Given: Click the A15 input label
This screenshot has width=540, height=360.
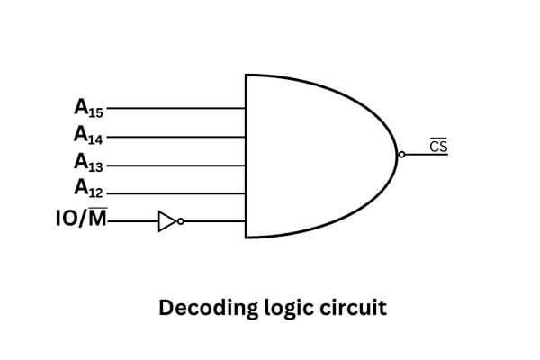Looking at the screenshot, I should click(x=88, y=108).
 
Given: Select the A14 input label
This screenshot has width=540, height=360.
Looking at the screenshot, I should click(x=88, y=136).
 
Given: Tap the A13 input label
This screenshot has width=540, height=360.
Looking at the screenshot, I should click(x=88, y=164).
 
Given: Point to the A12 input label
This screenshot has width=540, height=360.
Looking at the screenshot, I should click(x=88, y=191).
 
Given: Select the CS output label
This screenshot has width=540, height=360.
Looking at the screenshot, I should click(x=438, y=146).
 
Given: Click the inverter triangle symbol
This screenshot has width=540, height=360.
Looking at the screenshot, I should click(x=166, y=221).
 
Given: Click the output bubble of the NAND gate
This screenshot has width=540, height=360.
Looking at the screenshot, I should click(x=401, y=156).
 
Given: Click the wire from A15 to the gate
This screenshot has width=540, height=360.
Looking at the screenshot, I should click(x=175, y=108).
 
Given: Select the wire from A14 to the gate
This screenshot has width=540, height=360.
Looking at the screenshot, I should click(x=175, y=137).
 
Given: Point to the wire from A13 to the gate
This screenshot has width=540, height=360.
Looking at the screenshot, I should click(x=175, y=166).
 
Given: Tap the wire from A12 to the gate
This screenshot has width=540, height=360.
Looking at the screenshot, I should click(x=175, y=193).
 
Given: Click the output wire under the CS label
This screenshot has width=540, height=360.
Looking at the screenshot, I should click(x=427, y=156).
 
